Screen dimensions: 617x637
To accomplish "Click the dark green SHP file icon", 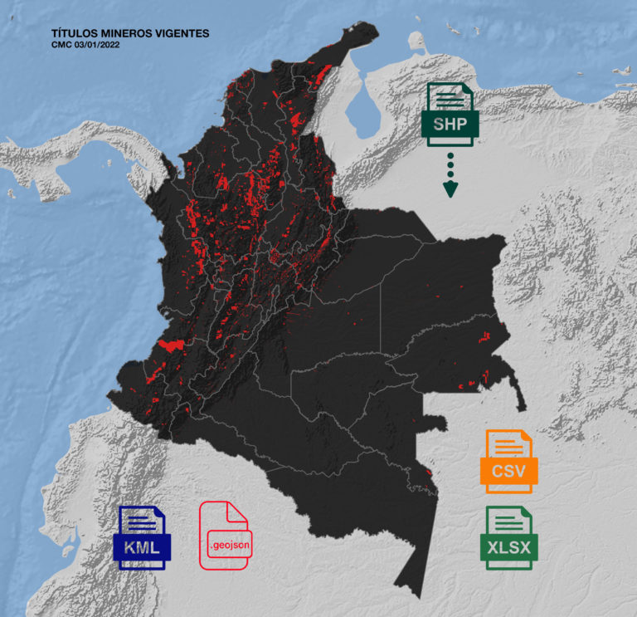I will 449,114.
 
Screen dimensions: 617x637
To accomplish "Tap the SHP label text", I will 449,125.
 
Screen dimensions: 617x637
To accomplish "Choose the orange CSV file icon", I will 508,461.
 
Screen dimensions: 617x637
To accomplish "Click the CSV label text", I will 508,472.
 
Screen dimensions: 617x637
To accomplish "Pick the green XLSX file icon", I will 508,537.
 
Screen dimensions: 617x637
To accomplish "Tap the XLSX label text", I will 508,547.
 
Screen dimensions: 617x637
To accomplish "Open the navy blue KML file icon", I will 142,537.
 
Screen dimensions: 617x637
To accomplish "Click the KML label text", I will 142,547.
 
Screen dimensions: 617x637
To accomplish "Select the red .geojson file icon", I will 224,536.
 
